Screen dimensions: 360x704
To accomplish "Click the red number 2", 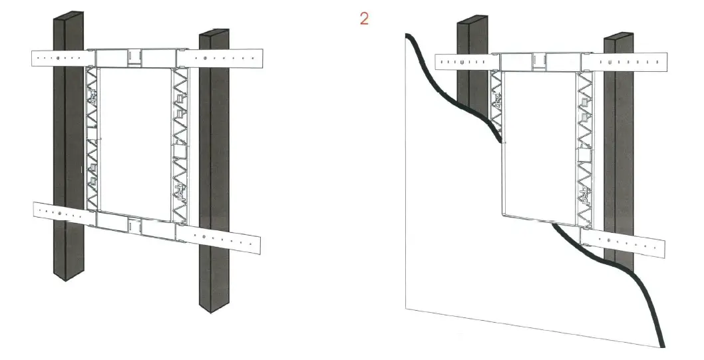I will (364, 18).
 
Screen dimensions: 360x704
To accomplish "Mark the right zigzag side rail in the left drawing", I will (181, 143).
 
